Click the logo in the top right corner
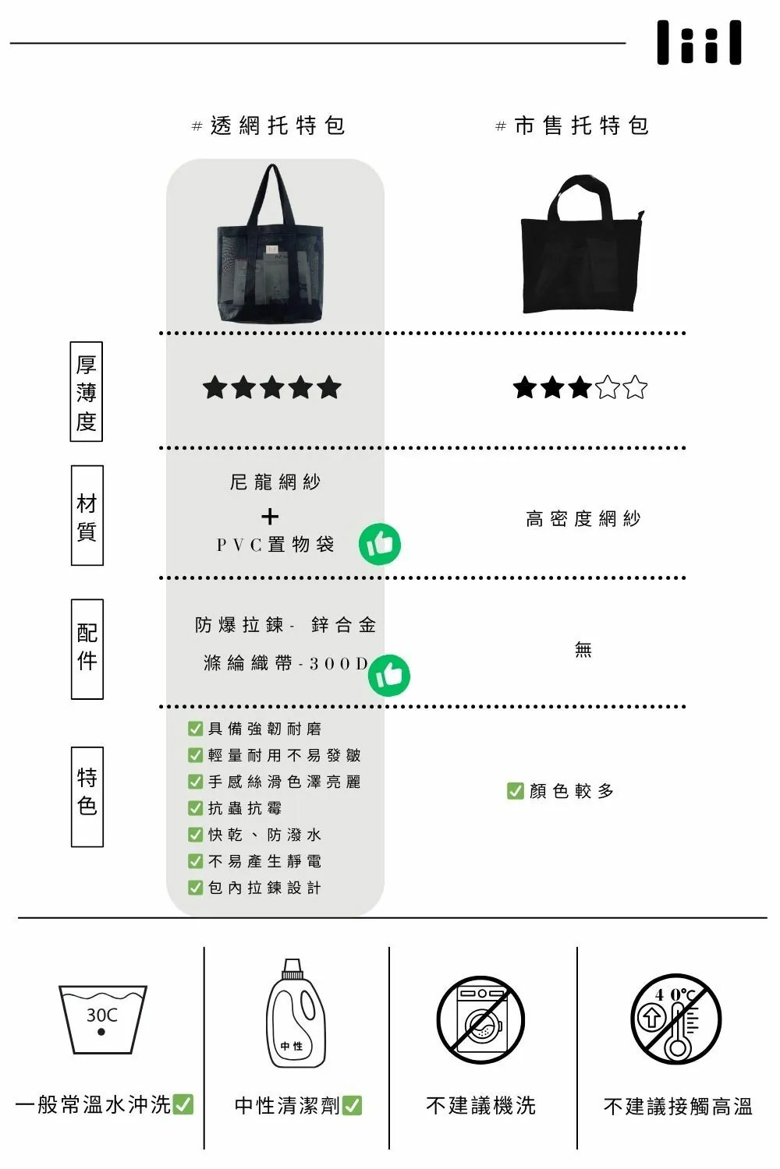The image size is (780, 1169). (699, 43)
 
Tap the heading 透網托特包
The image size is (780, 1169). (269, 125)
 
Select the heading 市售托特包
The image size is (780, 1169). (573, 125)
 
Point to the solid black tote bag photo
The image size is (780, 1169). (582, 245)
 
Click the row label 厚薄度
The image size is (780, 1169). (86, 392)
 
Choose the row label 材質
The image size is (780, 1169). (87, 516)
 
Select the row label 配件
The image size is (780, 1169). (87, 649)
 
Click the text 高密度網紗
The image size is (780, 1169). (583, 519)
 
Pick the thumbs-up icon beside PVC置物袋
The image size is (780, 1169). (380, 544)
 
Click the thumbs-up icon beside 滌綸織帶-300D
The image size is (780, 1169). (389, 675)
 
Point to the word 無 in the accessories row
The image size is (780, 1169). (583, 649)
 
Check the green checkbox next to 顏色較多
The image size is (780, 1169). (515, 791)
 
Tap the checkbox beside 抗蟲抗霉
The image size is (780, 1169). (196, 808)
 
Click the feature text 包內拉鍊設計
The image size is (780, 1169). (264, 888)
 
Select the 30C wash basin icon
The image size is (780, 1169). (102, 1019)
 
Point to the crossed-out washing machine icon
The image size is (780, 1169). (480, 1019)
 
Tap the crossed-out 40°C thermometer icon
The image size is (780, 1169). (675, 1019)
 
